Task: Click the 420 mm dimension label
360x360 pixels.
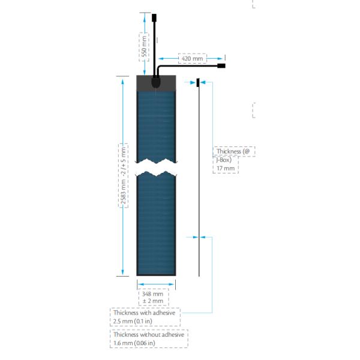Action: click(x=193, y=59)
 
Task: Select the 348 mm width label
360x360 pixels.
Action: click(x=152, y=294)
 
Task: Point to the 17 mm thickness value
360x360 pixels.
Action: click(x=226, y=169)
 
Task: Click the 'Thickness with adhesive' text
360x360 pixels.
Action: click(x=144, y=313)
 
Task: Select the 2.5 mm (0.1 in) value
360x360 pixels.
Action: click(x=133, y=322)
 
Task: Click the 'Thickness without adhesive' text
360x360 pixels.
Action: click(x=148, y=335)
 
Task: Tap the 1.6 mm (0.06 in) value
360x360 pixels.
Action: click(x=134, y=343)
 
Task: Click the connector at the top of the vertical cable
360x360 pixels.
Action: click(x=154, y=17)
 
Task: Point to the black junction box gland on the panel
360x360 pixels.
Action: click(x=156, y=83)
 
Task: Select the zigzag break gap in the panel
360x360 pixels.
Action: click(x=156, y=168)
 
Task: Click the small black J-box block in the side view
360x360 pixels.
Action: click(x=199, y=82)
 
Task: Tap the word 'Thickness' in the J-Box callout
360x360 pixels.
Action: click(x=229, y=152)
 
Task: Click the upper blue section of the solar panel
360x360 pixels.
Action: click(x=156, y=126)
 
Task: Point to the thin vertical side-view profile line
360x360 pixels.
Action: click(x=199, y=180)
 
